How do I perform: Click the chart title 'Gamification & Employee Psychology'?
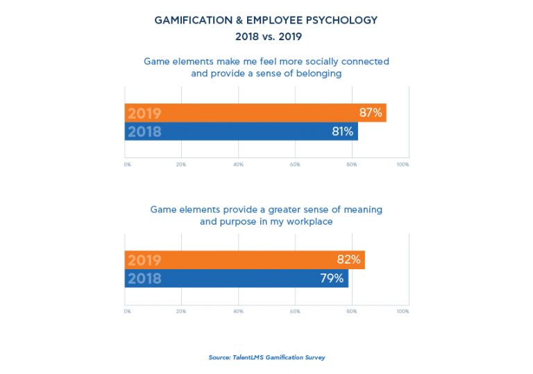tap(266, 20)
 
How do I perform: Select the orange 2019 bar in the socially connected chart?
tap(255, 113)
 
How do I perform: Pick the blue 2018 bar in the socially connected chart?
tap(242, 131)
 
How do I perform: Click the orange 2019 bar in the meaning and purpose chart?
tap(244, 260)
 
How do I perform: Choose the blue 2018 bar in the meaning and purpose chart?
tap(236, 278)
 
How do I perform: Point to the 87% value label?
tap(371, 113)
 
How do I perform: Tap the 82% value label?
tap(349, 260)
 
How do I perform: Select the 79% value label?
tap(333, 278)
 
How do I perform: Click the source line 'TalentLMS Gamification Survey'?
tap(266, 357)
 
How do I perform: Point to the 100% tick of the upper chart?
tap(403, 164)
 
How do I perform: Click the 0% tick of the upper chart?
tap(127, 164)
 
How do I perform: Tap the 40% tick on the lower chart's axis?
tap(238, 312)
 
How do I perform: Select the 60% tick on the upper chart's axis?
tap(294, 164)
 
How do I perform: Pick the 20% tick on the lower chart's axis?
tap(181, 312)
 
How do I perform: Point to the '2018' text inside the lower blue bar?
tap(144, 279)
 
